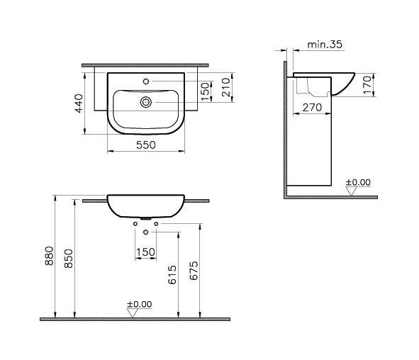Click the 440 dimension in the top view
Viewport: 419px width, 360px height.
(x=79, y=102)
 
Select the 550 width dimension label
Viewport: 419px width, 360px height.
(x=145, y=144)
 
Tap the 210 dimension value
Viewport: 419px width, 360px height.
(x=225, y=87)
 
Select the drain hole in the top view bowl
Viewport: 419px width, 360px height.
(x=145, y=102)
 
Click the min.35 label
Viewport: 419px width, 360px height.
(x=325, y=45)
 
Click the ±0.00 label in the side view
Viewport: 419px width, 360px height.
(x=357, y=182)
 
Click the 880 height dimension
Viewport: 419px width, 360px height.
(x=49, y=257)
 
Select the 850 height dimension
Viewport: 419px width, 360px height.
(x=69, y=261)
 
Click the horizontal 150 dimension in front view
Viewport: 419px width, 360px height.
(x=145, y=252)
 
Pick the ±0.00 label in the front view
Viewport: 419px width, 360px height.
(x=139, y=304)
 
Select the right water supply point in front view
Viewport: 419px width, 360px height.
(x=155, y=225)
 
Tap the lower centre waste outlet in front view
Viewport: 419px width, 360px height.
(x=145, y=233)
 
